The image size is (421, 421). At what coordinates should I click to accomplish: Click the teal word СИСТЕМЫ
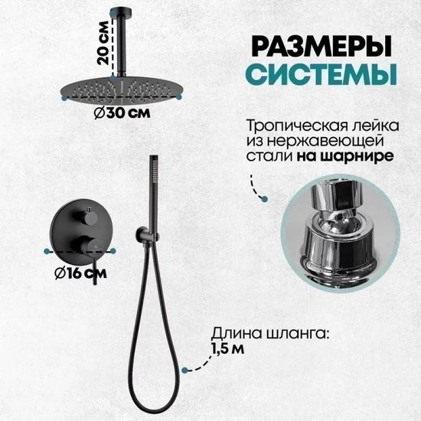(x=321, y=73)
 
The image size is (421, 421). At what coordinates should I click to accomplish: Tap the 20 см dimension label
(x=103, y=43)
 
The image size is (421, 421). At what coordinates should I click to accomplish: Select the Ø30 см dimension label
(x=122, y=113)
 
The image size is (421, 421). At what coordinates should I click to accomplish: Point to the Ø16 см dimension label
(x=80, y=273)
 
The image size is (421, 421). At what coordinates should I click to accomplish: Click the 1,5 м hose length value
(x=228, y=348)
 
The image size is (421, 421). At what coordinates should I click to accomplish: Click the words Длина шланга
(x=270, y=334)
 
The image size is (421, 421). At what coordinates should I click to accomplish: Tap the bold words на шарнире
(x=345, y=155)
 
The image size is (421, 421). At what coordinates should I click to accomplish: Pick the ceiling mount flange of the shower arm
(x=121, y=11)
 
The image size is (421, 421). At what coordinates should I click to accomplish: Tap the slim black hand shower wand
(x=154, y=194)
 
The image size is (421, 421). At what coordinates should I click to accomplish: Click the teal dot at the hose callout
(x=184, y=370)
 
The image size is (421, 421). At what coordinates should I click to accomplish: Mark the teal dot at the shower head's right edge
(x=179, y=97)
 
